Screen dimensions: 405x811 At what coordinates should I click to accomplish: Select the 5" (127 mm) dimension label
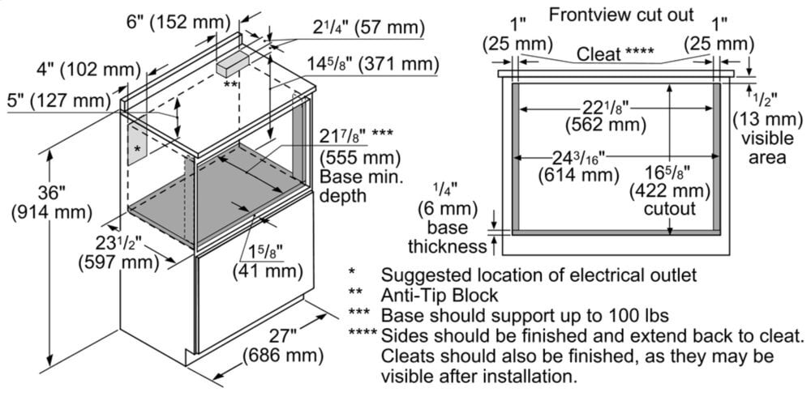click(56, 100)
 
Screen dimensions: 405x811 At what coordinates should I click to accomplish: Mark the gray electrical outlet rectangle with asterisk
click(137, 148)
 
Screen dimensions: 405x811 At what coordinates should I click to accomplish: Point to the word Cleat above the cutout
click(599, 54)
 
